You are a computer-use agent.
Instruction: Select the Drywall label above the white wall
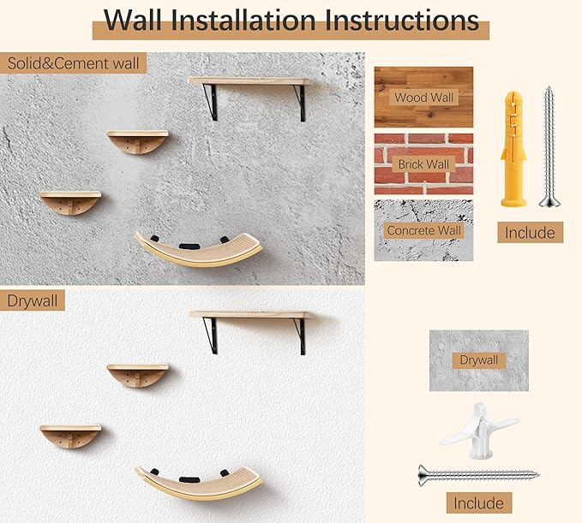(34, 300)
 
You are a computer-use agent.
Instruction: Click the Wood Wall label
(423, 98)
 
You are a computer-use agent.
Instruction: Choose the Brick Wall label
(423, 163)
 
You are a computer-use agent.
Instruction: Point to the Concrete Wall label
(423, 230)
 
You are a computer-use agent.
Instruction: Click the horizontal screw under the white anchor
(478, 473)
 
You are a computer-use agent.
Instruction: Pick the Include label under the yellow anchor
(529, 233)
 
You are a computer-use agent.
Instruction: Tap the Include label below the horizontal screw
(478, 502)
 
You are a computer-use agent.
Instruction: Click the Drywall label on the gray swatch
(478, 360)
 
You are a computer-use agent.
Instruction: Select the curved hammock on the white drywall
(199, 482)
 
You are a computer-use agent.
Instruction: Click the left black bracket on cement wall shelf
(210, 101)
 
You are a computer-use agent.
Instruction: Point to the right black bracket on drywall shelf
(300, 335)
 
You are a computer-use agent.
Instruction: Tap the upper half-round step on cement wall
(137, 141)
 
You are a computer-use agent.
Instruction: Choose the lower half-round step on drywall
(70, 436)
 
